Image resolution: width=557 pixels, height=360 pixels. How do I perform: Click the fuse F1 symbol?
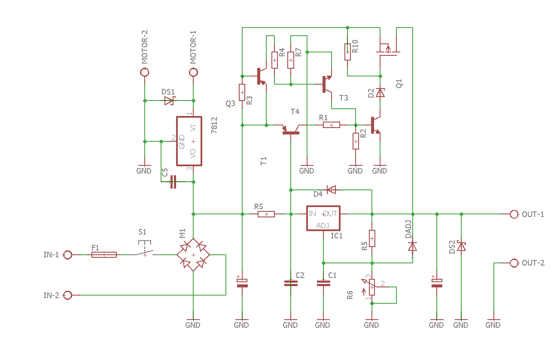[104, 255]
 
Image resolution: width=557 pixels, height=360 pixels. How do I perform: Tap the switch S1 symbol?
[145, 249]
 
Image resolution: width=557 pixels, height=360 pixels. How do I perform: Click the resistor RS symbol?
[266, 214]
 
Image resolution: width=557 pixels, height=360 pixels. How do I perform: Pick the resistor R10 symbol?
[347, 52]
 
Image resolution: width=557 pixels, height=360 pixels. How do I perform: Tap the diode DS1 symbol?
[170, 101]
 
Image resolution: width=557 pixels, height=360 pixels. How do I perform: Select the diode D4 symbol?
[331, 190]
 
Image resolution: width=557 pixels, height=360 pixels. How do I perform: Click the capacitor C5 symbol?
[173, 182]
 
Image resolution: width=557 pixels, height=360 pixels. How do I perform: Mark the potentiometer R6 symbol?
[372, 287]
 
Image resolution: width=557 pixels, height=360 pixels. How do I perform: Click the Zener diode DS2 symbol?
[461, 247]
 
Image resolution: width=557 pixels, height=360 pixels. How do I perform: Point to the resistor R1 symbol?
[332, 125]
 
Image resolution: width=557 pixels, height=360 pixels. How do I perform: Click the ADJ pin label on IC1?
[323, 226]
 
